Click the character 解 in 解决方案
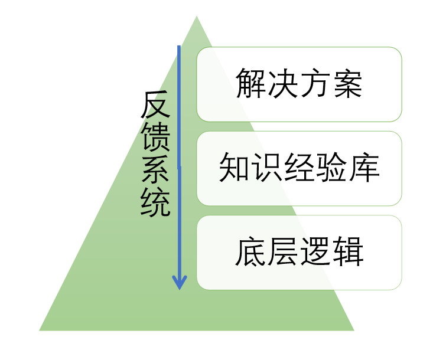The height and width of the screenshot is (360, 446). coord(252,84)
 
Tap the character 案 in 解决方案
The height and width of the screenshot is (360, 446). coord(347,84)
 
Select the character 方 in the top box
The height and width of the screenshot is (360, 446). coord(315,84)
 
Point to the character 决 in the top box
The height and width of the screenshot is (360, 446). coord(284,84)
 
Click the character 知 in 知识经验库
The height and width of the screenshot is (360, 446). coord(234,168)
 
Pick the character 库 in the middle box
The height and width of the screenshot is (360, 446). coord(363,168)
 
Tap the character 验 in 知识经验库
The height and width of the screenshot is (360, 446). coord(331,168)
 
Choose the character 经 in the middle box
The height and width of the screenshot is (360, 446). coord(299,168)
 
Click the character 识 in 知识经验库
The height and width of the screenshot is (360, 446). coord(266,168)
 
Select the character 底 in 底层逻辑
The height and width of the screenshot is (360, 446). coord(252,252)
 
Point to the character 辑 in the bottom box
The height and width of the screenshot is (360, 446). coord(347,252)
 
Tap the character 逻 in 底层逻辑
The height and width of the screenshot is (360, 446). coord(315,252)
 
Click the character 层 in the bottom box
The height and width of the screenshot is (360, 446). coord(284,252)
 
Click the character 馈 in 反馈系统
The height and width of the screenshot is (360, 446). coord(155,138)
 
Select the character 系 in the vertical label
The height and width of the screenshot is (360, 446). coord(155,170)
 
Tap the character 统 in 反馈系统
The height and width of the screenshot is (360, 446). coord(155,202)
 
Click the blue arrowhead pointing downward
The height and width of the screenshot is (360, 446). coord(179,282)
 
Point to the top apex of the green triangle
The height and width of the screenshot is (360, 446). coord(197,16)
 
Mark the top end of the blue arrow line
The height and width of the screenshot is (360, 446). coord(179,46)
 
